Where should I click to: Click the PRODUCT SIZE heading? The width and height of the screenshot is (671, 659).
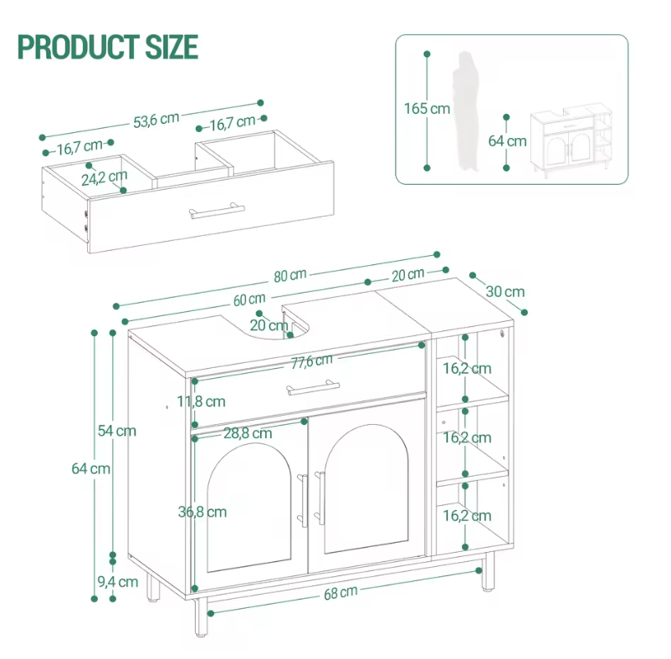[108, 47]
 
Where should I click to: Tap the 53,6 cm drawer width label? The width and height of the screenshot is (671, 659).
[156, 120]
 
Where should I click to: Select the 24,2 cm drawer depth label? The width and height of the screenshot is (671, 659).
[105, 177]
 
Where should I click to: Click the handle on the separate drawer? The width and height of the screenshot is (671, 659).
[217, 211]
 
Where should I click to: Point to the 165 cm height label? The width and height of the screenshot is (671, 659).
[427, 109]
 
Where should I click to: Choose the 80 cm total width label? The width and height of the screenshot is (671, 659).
[290, 275]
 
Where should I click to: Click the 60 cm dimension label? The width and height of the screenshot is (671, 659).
[249, 299]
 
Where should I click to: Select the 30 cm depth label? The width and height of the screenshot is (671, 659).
[505, 292]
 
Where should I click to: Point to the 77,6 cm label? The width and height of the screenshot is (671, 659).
[311, 361]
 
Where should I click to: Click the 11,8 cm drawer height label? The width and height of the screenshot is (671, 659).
[201, 401]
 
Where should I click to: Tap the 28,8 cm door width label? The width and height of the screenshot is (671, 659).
[248, 433]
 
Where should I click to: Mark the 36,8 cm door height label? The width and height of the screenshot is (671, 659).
[202, 512]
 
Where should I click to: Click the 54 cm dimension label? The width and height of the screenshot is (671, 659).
[117, 431]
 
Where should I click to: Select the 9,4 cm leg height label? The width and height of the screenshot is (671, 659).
[118, 582]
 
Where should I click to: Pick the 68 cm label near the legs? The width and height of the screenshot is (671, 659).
[341, 593]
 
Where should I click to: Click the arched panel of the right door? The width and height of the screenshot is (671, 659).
[366, 488]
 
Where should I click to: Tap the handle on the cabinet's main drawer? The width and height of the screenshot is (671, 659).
[313, 387]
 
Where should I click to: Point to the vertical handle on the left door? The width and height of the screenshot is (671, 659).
[303, 500]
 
